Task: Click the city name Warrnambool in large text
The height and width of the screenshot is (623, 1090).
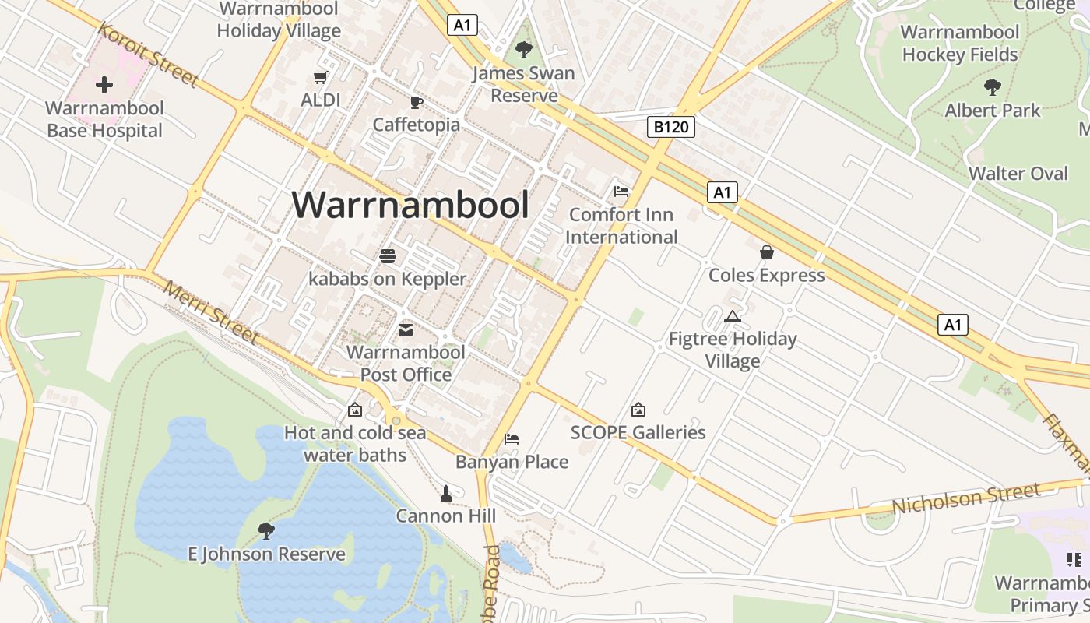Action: point(410,205)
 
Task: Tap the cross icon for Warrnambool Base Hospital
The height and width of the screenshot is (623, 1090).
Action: point(104,85)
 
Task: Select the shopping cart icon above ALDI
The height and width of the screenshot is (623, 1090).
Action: point(320,77)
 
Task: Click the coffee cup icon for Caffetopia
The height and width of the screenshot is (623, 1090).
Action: point(416,102)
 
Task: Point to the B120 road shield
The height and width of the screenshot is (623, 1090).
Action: point(670,127)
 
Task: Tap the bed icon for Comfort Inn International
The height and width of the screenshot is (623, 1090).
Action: point(621,191)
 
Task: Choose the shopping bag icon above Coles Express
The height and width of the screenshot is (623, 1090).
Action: point(767,252)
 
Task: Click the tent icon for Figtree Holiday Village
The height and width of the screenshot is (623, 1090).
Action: point(731,316)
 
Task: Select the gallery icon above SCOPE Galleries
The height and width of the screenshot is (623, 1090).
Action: point(638,410)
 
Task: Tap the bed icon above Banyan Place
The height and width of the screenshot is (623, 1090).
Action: point(512,439)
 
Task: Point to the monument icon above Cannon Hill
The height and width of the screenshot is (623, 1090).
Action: point(446,493)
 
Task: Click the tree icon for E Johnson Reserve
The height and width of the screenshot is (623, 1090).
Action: point(266,531)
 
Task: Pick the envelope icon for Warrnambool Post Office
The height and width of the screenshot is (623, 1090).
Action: point(406,330)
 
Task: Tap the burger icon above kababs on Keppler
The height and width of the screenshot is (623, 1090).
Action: point(388,255)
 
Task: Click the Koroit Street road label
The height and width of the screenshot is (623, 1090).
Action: point(148,54)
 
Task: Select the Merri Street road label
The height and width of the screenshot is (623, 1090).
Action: point(209,311)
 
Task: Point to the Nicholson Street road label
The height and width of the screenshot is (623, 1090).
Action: point(965,498)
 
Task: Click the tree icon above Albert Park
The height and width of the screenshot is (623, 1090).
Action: point(992,87)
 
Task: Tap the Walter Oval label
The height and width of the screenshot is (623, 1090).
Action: point(1018,173)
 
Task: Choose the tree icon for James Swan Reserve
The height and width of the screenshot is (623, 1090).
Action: point(524,51)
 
